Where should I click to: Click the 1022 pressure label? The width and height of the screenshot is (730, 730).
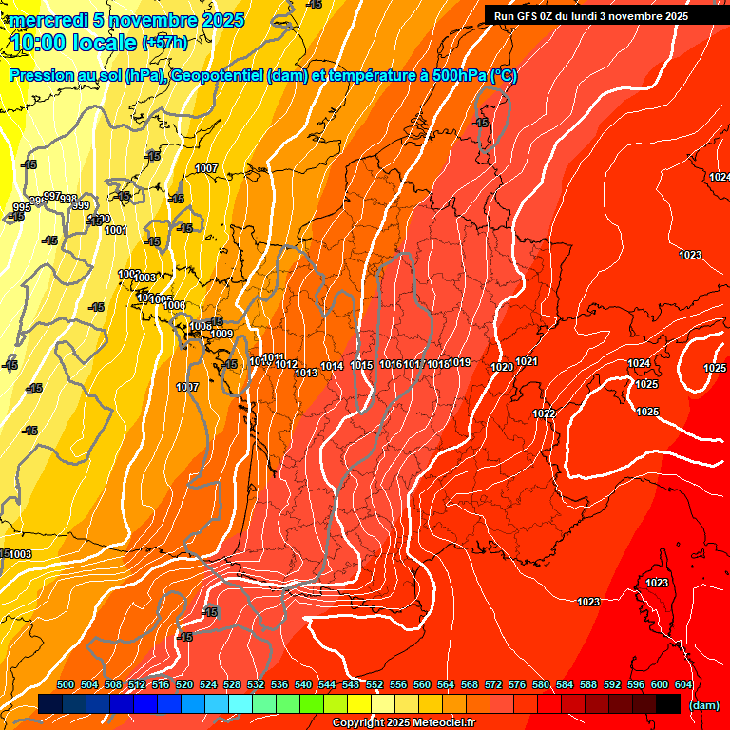point(544,413)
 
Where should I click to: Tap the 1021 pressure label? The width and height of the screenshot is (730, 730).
point(527,362)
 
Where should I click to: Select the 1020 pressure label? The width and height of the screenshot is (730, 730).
point(502,367)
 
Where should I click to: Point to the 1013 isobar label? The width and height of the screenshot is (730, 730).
point(306,373)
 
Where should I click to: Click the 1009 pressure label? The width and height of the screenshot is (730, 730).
point(221,334)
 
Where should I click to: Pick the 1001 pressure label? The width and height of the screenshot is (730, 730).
point(115,230)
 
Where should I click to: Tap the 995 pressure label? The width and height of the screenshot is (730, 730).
point(21,207)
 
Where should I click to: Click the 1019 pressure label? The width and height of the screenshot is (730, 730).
point(460,362)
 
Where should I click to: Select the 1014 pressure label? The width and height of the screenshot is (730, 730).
point(332,366)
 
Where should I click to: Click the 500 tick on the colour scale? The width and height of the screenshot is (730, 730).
point(66,684)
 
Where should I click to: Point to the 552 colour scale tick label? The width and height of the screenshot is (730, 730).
point(375,684)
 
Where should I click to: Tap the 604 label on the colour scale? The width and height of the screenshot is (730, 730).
point(682,684)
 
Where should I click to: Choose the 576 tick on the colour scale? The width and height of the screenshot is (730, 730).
point(517,684)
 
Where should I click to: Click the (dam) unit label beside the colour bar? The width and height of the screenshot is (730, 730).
point(703,705)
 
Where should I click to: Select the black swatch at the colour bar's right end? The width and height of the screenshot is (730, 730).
point(668,703)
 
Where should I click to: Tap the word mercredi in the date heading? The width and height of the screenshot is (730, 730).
point(45,20)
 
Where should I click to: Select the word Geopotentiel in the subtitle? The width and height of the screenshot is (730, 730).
point(217,76)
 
